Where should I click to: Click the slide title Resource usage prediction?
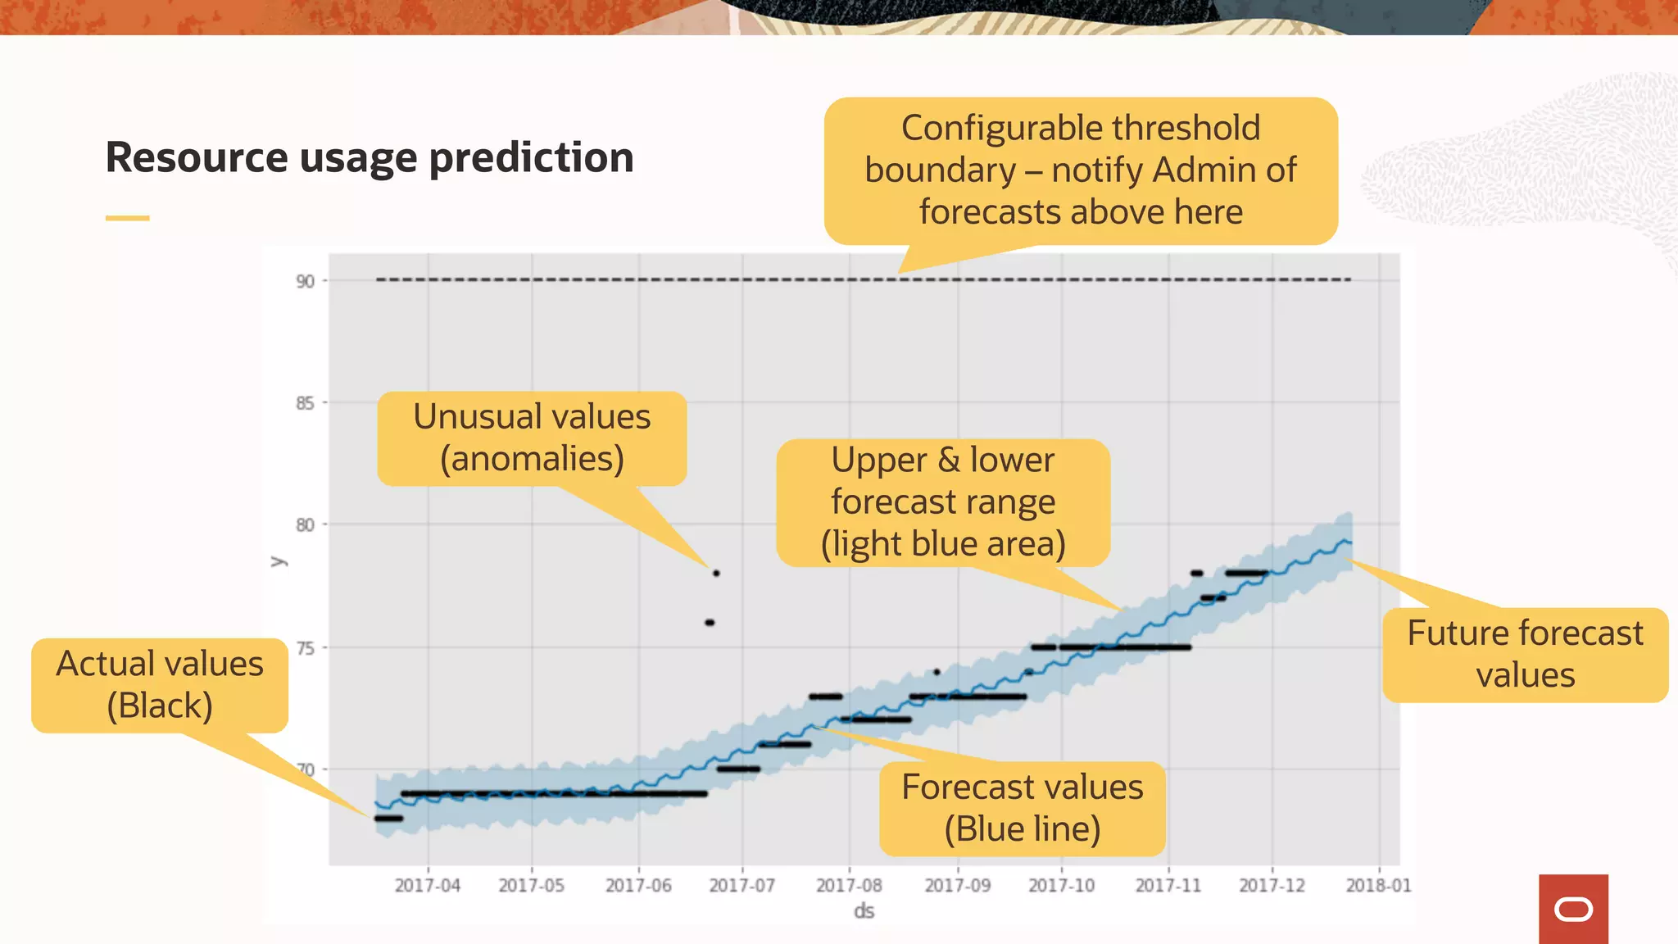click(370, 157)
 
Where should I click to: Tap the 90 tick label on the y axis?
click(305, 282)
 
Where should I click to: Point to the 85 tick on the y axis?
click(305, 403)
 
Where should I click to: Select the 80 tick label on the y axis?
click(305, 525)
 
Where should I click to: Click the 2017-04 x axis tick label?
click(427, 886)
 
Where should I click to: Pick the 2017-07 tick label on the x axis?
click(741, 886)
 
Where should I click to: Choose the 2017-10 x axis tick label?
click(1061, 886)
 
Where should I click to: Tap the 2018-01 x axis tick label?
click(1378, 886)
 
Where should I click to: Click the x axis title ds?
click(864, 911)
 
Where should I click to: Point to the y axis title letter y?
click(279, 561)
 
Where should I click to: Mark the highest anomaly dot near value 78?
click(716, 574)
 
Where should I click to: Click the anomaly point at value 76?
click(710, 623)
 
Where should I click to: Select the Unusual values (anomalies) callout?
click(532, 438)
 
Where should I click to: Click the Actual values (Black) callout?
click(160, 685)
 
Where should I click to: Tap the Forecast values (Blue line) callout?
click(1022, 808)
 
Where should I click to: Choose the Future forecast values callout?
click(1525, 654)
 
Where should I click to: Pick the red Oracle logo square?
click(1573, 909)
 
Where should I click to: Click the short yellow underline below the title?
click(127, 218)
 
